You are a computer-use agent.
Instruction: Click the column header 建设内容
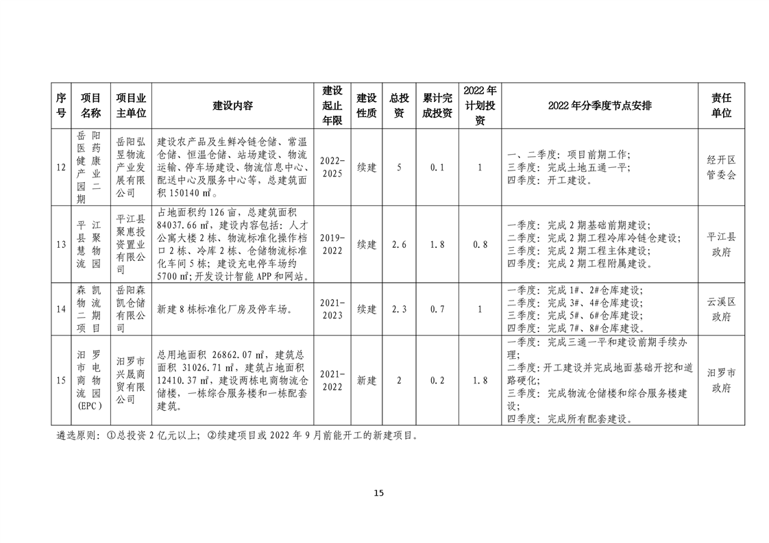point(233,105)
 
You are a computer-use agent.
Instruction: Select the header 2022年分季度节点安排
point(600,105)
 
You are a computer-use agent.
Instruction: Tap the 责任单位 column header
point(721,105)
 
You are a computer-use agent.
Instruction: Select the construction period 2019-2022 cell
point(332,244)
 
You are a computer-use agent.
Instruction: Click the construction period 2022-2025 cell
point(332,167)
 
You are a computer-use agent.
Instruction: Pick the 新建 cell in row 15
point(367,381)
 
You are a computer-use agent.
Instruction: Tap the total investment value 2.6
point(398,244)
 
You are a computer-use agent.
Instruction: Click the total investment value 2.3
point(398,309)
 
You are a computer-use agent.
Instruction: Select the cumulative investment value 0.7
point(437,309)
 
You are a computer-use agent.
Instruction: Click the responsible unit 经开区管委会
point(721,167)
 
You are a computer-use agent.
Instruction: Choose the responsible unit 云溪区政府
point(721,309)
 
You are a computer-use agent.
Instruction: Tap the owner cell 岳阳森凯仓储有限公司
point(131,309)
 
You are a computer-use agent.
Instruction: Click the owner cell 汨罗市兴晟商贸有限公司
point(131,381)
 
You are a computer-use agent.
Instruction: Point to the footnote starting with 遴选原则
point(236,435)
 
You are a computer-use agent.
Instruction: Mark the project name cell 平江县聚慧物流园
point(88,244)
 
